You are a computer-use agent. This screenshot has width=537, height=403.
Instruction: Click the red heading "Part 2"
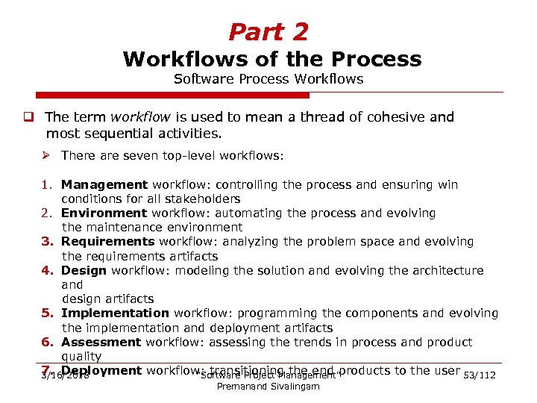point(268,32)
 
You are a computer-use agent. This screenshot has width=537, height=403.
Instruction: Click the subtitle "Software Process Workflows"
point(268,79)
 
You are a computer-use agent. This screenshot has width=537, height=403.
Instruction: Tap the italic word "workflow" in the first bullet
point(137,117)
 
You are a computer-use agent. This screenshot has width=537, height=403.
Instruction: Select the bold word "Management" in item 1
point(104,184)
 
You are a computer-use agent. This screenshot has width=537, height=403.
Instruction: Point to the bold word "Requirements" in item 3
point(108,242)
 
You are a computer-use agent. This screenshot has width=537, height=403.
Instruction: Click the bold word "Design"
point(84,270)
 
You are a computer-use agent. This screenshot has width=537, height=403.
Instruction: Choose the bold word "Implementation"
point(115,313)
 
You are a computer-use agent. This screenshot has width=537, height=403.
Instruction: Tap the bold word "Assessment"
point(101,342)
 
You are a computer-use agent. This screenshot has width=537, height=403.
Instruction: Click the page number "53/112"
point(480,375)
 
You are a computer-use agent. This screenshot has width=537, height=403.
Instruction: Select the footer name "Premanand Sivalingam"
point(268,387)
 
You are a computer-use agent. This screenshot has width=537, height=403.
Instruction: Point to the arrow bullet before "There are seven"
point(46,156)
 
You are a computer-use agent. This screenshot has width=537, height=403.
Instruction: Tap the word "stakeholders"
point(203,199)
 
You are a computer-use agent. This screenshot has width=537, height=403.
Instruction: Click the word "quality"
point(81,356)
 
